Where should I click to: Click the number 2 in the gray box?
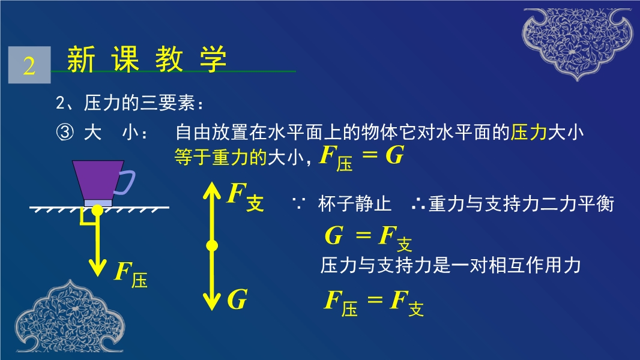(x=29, y=65)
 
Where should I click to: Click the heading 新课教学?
(x=146, y=59)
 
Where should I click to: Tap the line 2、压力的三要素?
(x=129, y=103)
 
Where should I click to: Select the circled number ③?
(x=65, y=133)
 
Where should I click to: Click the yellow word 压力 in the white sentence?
(x=528, y=133)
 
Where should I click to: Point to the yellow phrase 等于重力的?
(x=220, y=157)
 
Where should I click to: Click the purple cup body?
(x=98, y=180)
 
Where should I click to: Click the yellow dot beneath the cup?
(x=97, y=211)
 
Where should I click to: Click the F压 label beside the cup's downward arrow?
(x=131, y=274)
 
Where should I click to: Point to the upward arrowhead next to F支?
(x=212, y=191)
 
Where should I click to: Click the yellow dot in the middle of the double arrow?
(x=212, y=245)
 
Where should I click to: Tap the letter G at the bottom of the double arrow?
(x=237, y=299)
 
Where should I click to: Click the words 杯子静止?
(x=354, y=204)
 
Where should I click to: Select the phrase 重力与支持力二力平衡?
(x=521, y=204)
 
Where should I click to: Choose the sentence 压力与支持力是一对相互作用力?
(x=450, y=265)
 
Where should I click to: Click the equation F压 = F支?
(x=374, y=304)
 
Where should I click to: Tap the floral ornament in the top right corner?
(x=578, y=43)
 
